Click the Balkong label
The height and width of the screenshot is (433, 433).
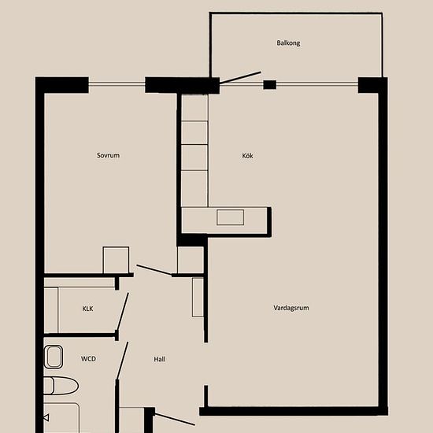click(288, 43)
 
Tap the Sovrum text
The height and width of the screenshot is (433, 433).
click(109, 155)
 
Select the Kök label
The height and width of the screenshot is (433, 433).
click(247, 156)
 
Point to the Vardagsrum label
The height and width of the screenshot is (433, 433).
click(291, 308)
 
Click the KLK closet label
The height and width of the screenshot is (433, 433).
click(88, 309)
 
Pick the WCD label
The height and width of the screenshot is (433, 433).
click(88, 359)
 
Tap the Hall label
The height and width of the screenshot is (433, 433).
click(160, 359)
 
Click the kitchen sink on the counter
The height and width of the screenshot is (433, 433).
click(231, 217)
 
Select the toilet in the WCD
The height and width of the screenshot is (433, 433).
click(61, 386)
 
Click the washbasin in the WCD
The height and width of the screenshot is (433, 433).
click(54, 357)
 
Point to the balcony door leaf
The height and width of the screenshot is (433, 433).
click(240, 78)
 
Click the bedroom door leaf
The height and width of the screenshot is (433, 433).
click(154, 270)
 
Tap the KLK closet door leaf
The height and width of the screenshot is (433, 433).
click(123, 312)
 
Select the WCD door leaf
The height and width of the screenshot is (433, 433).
click(122, 361)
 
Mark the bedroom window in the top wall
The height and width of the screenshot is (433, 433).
click(117, 83)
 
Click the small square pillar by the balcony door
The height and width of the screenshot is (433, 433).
click(270, 85)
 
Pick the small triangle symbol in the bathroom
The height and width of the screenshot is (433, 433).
click(46, 417)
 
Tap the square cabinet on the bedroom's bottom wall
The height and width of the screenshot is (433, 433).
click(116, 260)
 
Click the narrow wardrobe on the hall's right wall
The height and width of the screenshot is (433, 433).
click(198, 298)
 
